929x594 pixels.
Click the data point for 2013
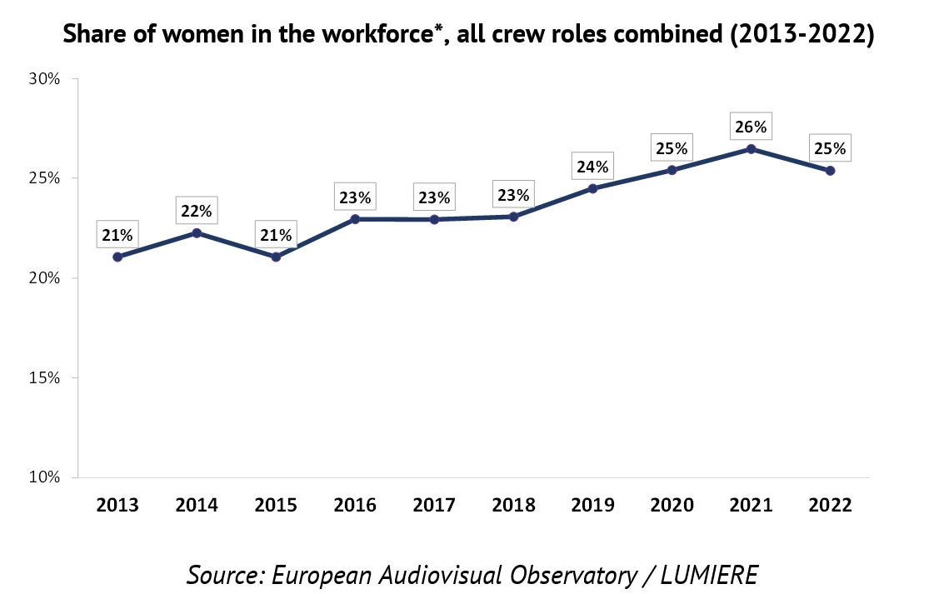(x=117, y=257)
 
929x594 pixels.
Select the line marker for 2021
(x=752, y=149)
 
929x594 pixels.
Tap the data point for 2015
(x=276, y=257)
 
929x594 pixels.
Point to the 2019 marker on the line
(x=592, y=189)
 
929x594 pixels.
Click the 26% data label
(x=751, y=127)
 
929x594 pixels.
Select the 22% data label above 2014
(x=197, y=211)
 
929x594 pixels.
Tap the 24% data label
(x=592, y=167)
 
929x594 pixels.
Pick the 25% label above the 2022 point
(x=830, y=148)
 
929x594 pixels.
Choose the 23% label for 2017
(x=434, y=197)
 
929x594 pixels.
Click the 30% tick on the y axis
(x=44, y=79)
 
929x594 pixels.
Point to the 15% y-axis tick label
(x=44, y=378)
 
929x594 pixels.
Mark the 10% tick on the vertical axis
(x=44, y=477)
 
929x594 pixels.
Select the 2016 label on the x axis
(x=355, y=505)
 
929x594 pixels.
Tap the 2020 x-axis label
(x=672, y=505)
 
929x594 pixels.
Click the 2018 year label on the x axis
(x=514, y=505)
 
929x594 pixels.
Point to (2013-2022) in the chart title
(x=802, y=34)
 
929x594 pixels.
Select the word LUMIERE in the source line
(x=709, y=575)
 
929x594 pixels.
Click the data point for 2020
(x=672, y=171)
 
